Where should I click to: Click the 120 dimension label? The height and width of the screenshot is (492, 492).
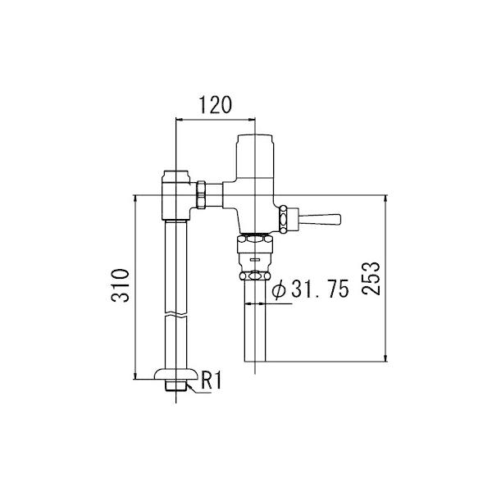pos(216,105)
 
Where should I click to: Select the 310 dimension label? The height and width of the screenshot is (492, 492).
pos(121,285)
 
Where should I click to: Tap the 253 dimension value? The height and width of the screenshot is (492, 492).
pos(371,278)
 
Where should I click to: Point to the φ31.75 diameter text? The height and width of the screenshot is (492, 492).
pos(310,289)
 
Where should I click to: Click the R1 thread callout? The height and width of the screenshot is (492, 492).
pos(211,380)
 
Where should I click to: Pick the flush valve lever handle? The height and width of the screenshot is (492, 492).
pos(320,219)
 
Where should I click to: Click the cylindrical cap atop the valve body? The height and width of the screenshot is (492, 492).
pos(255,156)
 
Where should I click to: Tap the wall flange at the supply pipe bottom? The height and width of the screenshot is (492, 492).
pos(176,374)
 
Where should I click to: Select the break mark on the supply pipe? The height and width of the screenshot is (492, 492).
pos(175,314)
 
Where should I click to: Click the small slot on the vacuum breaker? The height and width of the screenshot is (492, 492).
pos(254,259)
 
